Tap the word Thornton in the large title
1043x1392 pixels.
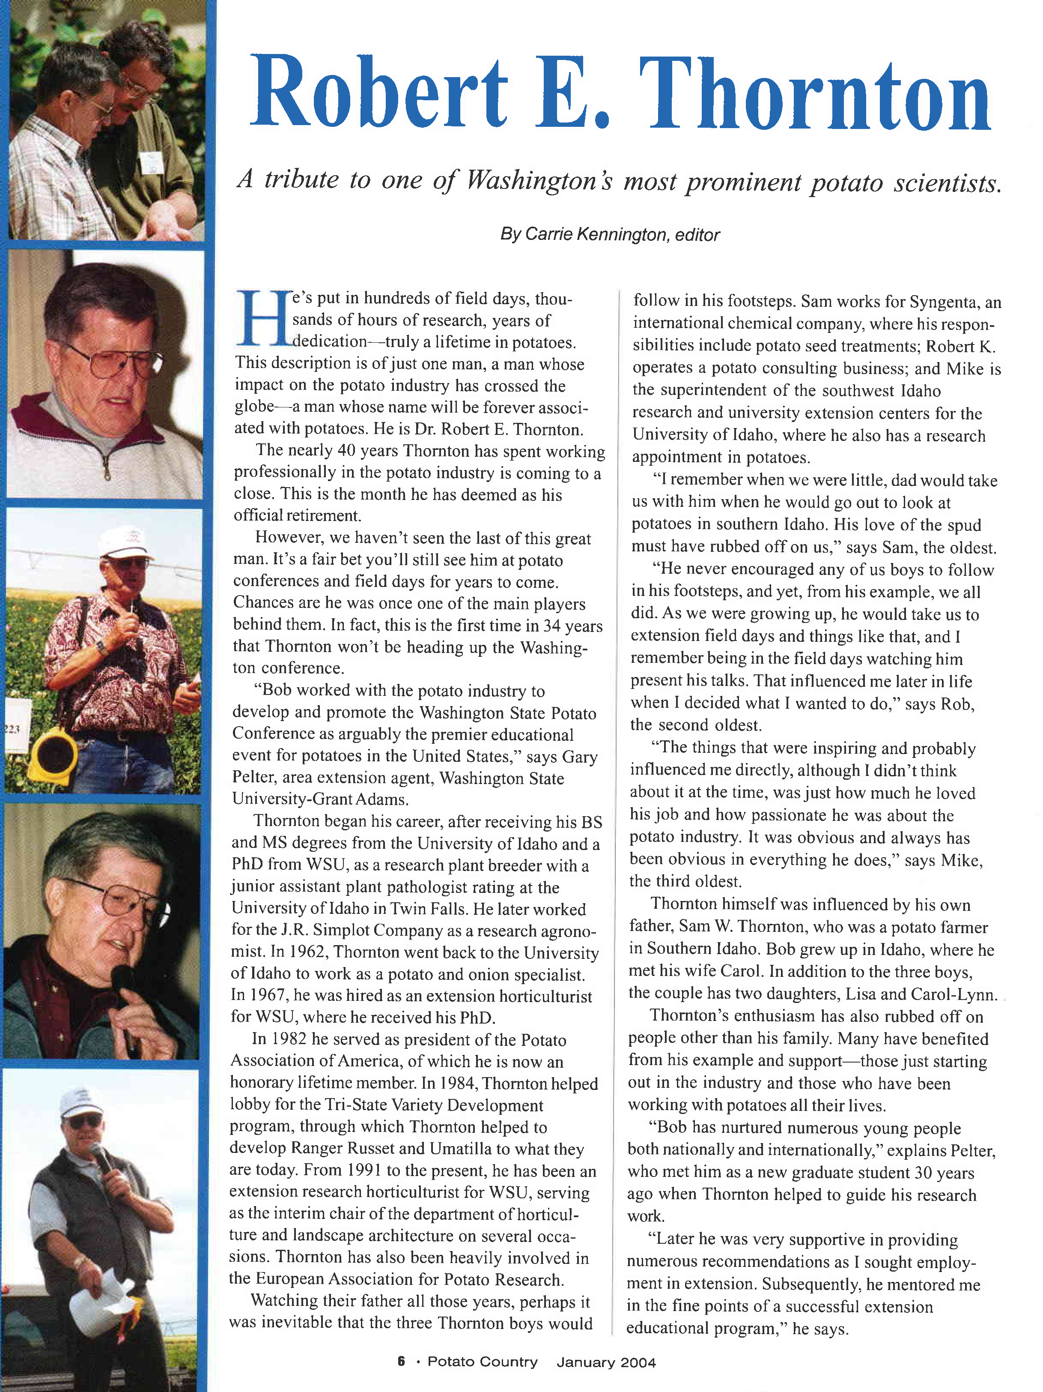pyautogui.click(x=815, y=94)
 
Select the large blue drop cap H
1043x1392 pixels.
pyautogui.click(x=263, y=318)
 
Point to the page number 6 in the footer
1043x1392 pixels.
pyautogui.click(x=401, y=1361)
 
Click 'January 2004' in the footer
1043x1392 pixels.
pyautogui.click(x=606, y=1362)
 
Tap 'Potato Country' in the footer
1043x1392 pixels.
pyautogui.click(x=483, y=1362)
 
